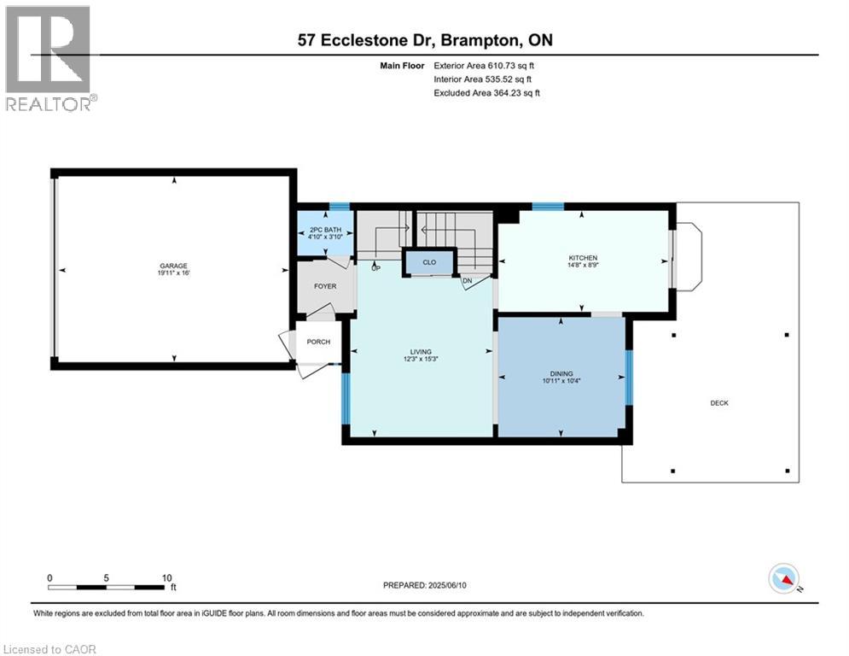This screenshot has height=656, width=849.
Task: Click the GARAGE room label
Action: [x=173, y=266]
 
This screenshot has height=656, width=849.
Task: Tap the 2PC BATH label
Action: [x=325, y=230]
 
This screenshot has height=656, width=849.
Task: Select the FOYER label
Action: [x=325, y=286]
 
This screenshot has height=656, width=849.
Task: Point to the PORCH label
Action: [x=318, y=342]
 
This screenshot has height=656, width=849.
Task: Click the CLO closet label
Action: [x=429, y=262]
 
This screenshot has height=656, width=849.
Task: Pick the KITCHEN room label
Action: [x=583, y=258]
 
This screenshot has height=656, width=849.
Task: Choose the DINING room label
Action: [x=561, y=373]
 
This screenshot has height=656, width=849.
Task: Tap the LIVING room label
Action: [x=421, y=352]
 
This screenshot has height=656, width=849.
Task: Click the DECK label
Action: [x=719, y=403]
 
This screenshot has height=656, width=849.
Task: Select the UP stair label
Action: [x=375, y=268]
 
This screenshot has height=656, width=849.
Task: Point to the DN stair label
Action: [x=468, y=281]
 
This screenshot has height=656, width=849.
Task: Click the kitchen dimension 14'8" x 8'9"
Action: [x=583, y=265]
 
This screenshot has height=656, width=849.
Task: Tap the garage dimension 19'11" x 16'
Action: [x=174, y=272]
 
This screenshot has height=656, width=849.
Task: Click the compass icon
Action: [x=784, y=578]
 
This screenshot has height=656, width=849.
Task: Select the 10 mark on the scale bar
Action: [x=166, y=578]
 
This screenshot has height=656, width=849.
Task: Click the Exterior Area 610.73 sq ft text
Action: [x=484, y=66]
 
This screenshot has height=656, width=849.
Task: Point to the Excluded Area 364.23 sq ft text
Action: [x=486, y=93]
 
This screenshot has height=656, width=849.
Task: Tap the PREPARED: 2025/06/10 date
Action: [x=425, y=585]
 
